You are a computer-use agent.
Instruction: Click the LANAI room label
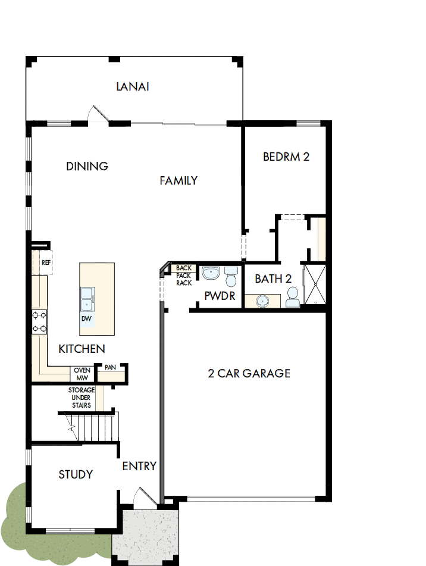[131, 87]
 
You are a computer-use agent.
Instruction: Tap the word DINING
[87, 166]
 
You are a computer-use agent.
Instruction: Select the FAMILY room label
[178, 180]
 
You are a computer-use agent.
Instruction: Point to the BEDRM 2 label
[286, 157]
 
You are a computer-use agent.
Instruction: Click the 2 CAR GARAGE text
[249, 373]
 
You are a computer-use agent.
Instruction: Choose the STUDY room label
[76, 474]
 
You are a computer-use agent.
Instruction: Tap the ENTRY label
[139, 466]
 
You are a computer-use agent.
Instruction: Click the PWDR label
[220, 296]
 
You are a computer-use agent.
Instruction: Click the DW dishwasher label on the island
[87, 318]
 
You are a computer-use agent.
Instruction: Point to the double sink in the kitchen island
[87, 297]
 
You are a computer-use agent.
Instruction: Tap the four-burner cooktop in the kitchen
[40, 322]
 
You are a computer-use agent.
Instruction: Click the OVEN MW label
[81, 373]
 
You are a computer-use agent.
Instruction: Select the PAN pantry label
[110, 368]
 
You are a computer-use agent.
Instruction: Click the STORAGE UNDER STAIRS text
[81, 398]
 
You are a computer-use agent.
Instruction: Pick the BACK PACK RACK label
[184, 276]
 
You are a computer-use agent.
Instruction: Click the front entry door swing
[143, 498]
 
